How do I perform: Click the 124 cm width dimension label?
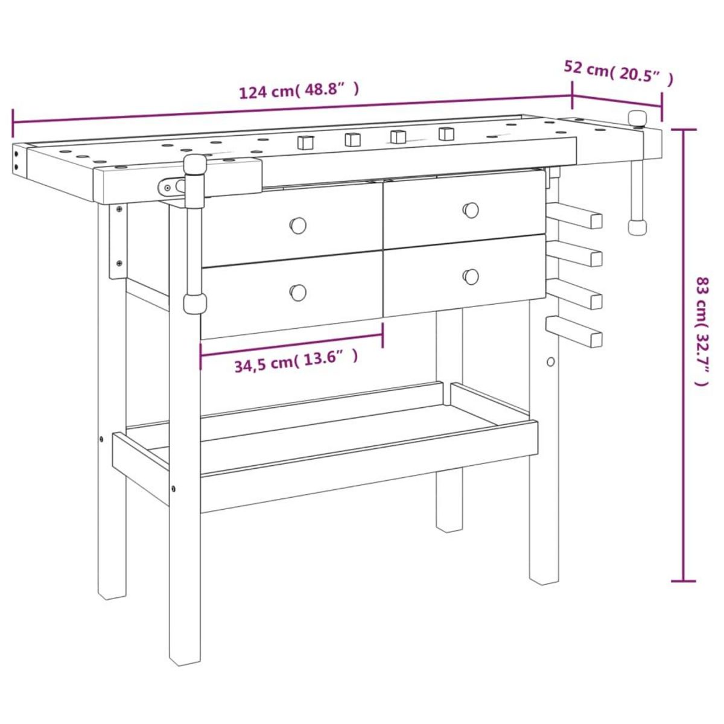tap(299, 91)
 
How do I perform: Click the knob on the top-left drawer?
tap(297, 225)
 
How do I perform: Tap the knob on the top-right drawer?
tap(471, 210)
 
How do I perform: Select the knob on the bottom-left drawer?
tap(297, 292)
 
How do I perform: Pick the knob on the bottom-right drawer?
tap(471, 276)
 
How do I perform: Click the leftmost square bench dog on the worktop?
tap(306, 142)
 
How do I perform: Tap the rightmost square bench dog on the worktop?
tap(446, 133)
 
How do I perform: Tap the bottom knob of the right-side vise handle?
tap(637, 227)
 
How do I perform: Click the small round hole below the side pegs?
tap(550, 361)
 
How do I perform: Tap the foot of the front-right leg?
tap(544, 579)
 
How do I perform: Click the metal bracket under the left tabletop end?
tap(118, 241)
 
